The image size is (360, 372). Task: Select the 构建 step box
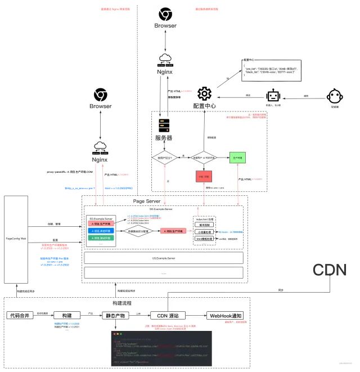tap(67, 315)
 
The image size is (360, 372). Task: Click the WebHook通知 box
tap(226, 315)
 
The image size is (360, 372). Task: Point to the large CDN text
tap(330, 270)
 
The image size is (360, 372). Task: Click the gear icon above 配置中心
tap(203, 94)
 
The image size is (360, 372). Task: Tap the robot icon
tap(273, 97)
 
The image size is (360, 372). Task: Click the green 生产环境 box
tap(238, 158)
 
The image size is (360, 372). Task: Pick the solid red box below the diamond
tap(203, 176)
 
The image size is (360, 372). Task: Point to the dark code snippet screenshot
tap(161, 349)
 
